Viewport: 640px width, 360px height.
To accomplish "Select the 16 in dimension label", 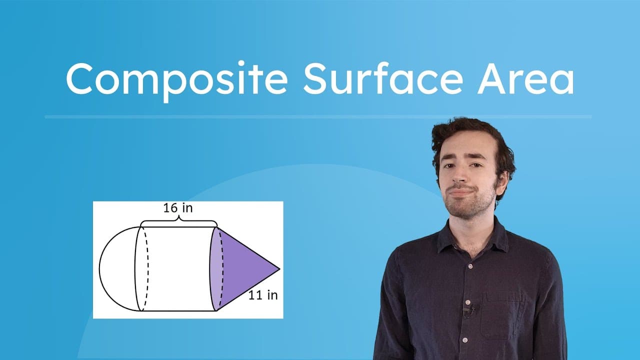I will tap(177, 208).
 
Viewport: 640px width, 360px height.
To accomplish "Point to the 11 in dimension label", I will tap(263, 295).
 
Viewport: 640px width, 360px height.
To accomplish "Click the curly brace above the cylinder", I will tap(178, 221).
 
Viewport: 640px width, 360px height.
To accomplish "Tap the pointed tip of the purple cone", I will tap(278, 269).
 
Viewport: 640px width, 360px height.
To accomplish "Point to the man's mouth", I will tap(461, 191).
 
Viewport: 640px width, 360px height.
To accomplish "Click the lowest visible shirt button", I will tap(465, 340).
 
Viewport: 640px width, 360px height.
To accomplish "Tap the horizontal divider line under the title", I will tap(318, 117).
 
